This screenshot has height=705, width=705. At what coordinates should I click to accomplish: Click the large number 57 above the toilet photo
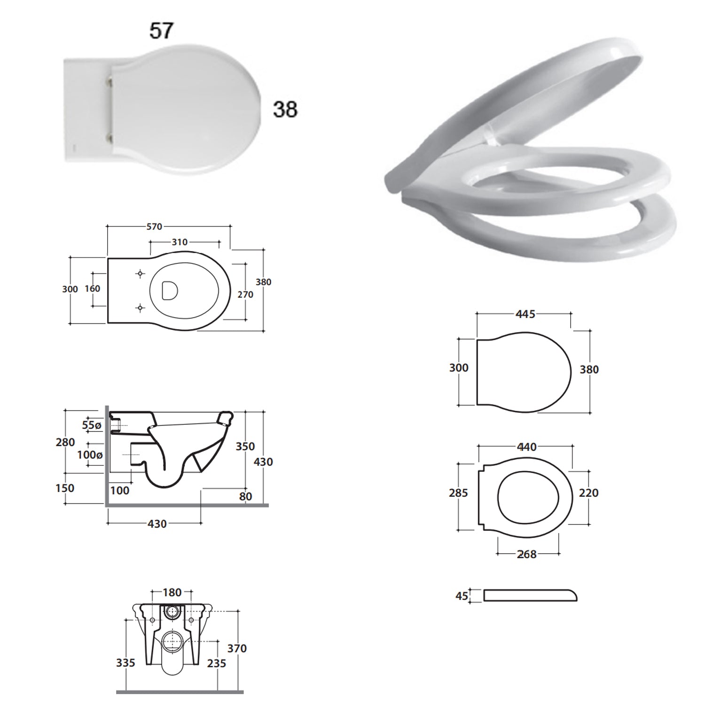(162, 31)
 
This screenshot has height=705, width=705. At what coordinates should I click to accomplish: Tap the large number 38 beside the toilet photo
(285, 110)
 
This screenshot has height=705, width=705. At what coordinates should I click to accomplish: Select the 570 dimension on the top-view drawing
(154, 227)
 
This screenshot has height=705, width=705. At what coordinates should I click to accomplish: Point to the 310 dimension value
(180, 242)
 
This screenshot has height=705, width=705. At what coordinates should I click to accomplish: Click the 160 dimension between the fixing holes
(93, 289)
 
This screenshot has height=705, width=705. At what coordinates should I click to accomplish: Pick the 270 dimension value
(245, 295)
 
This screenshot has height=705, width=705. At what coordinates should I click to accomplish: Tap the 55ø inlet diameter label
(92, 425)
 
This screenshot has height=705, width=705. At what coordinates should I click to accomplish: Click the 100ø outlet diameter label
(90, 455)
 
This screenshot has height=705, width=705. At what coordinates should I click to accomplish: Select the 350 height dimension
(245, 446)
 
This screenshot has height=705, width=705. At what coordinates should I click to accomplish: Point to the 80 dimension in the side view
(245, 496)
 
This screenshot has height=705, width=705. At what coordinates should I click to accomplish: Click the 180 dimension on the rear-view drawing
(172, 593)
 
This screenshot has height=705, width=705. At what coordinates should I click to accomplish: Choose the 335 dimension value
(125, 663)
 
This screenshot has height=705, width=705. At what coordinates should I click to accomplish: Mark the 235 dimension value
(216, 663)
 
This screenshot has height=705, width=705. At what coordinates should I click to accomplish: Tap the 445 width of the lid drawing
(525, 314)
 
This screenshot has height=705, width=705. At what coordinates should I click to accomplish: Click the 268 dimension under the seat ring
(526, 555)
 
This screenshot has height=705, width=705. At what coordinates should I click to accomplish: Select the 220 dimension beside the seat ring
(588, 493)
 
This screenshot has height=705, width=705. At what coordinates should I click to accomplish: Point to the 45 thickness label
(462, 596)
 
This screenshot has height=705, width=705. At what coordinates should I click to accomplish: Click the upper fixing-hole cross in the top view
(140, 274)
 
